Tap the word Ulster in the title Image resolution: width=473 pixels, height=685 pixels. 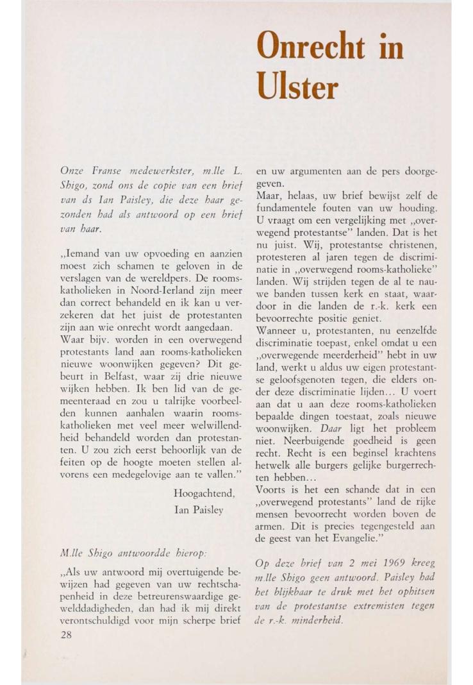pos(296,87)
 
